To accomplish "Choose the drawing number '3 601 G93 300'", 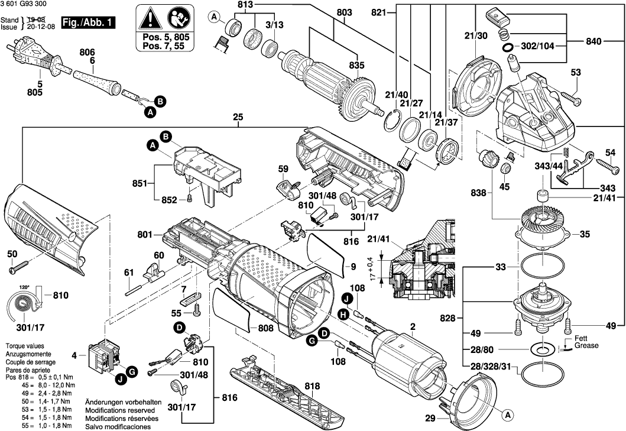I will (x=27, y=6).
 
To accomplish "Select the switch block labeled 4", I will (x=104, y=356).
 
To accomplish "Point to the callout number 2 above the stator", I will (x=413, y=326).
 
